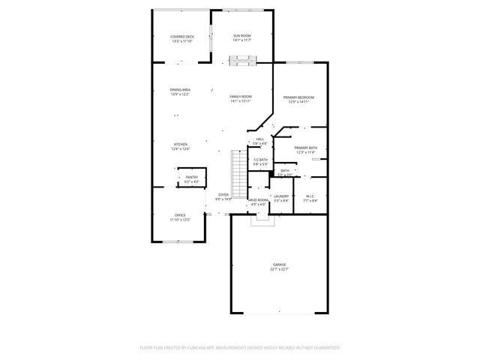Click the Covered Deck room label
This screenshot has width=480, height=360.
(182, 36)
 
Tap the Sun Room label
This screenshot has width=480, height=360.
(241, 35)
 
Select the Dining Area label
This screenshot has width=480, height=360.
(180, 89)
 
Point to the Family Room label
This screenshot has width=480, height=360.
(240, 97)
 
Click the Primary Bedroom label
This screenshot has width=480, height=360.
(298, 97)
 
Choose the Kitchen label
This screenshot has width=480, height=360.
(181, 144)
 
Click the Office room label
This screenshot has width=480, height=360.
(180, 215)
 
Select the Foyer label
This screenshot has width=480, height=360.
(223, 194)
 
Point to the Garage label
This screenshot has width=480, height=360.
(279, 264)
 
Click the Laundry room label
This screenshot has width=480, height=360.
(281, 196)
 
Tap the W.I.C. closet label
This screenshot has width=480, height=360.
(310, 196)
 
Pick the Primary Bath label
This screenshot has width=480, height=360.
(305, 148)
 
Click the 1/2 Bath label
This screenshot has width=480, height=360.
(260, 160)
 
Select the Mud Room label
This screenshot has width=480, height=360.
(258, 200)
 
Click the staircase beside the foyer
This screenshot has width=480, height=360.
(237, 171)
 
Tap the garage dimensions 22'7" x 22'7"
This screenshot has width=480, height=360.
(279, 269)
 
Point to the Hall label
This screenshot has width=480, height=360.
(260, 139)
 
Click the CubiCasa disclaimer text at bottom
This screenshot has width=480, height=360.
(240, 348)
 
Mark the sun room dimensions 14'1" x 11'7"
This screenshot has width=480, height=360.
(241, 40)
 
